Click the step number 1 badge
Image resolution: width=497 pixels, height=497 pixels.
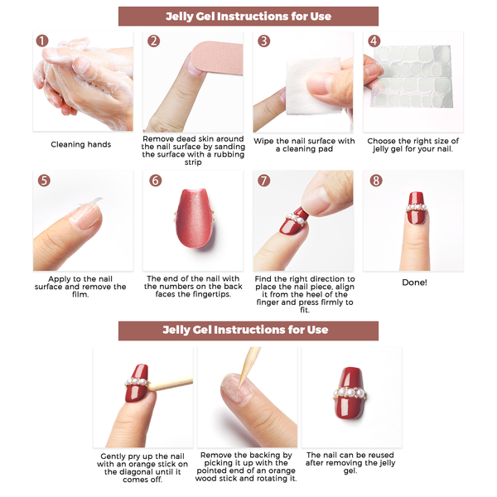(x=42, y=41)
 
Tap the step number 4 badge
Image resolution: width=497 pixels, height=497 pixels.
(x=374, y=41)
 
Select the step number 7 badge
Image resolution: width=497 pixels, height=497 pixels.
(x=263, y=181)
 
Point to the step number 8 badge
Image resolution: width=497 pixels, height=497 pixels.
(x=376, y=181)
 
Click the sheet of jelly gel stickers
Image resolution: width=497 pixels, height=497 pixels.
(x=412, y=76)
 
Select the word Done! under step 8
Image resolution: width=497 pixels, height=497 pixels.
(x=414, y=282)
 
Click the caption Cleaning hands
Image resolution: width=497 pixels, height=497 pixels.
(x=81, y=144)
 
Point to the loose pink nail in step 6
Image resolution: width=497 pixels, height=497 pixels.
(x=195, y=218)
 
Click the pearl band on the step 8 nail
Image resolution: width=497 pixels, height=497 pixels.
(x=416, y=208)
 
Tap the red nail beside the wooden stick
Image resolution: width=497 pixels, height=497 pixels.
(x=138, y=383)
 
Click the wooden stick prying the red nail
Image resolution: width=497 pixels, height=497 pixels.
(x=170, y=384)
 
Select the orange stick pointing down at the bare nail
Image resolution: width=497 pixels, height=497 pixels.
(x=249, y=367)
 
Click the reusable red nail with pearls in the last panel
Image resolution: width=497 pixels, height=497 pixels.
(x=350, y=393)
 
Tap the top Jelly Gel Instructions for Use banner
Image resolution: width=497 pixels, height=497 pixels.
(x=248, y=17)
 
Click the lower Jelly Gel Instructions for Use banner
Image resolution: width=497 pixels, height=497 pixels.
(x=248, y=331)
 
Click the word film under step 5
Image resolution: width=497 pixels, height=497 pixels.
(x=80, y=294)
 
